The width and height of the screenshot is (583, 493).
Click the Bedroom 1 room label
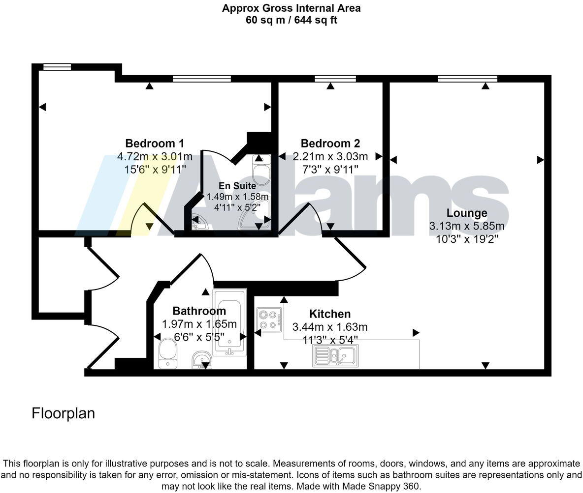click(155, 144)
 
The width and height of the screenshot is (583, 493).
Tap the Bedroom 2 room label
click(330, 144)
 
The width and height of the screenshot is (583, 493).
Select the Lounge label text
click(467, 213)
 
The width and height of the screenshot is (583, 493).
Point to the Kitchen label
click(330, 314)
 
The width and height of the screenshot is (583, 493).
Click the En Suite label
click(237, 186)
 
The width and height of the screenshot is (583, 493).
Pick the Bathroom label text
click(199, 311)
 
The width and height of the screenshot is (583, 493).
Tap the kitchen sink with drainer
click(335, 355)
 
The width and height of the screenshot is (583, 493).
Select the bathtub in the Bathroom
click(229, 322)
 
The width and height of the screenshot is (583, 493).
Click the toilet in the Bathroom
click(168, 355)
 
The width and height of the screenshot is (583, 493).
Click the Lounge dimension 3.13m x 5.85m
click(467, 226)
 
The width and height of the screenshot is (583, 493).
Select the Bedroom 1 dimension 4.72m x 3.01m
click(155, 157)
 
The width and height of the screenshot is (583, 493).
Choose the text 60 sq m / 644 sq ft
click(291, 20)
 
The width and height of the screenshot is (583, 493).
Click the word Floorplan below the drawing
click(63, 413)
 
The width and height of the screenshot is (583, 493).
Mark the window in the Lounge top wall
click(467, 78)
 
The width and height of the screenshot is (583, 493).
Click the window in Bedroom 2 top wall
click(335, 78)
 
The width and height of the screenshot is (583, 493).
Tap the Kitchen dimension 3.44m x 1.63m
click(330, 327)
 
